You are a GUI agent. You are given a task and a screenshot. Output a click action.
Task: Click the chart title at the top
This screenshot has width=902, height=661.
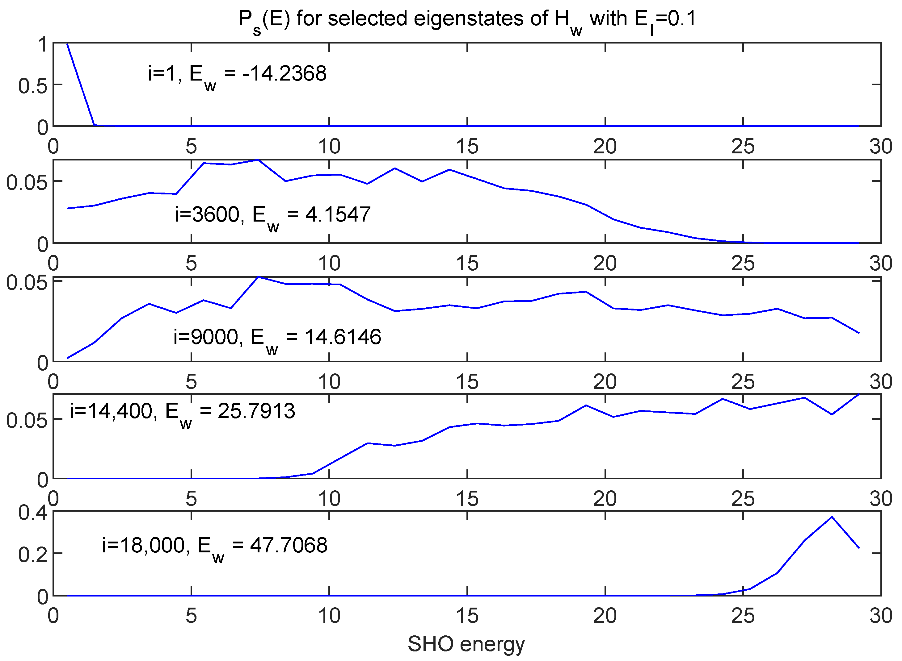(x=467, y=19)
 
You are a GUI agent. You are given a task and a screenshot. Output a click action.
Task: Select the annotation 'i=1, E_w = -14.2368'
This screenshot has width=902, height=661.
(x=237, y=74)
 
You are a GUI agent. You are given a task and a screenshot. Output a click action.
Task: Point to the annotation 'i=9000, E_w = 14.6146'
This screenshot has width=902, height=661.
(x=277, y=337)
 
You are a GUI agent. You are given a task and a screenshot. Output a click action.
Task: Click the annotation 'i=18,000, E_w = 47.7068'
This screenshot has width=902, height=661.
(x=215, y=546)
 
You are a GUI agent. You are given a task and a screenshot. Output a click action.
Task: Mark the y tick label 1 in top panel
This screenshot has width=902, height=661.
(x=42, y=45)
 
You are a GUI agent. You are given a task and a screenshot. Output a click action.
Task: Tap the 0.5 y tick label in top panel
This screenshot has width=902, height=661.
(x=33, y=86)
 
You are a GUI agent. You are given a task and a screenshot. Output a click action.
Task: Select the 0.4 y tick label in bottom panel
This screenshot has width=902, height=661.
(x=33, y=513)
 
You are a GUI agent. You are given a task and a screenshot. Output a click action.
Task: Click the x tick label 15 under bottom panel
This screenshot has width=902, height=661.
(x=467, y=616)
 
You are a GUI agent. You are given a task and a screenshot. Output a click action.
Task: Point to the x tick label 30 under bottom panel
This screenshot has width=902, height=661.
(x=881, y=616)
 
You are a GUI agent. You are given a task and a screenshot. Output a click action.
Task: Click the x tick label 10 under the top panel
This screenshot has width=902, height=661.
(x=329, y=147)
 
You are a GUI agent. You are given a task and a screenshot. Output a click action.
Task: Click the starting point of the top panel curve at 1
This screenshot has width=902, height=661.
(x=67, y=43)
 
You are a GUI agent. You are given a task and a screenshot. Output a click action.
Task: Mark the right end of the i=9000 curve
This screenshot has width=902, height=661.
(x=859, y=333)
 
